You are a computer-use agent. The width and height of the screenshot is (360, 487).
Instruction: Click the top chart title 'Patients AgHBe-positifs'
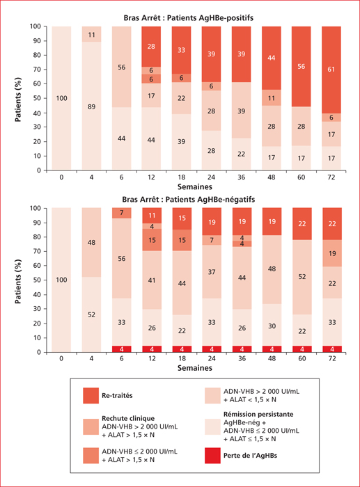210,17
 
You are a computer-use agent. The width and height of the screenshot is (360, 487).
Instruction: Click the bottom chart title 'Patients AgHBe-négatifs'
210,199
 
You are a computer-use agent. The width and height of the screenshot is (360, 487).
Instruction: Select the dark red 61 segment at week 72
331,70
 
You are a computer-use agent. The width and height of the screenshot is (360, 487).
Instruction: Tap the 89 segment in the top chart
91,106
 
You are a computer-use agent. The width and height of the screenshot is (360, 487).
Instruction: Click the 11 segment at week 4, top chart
91,34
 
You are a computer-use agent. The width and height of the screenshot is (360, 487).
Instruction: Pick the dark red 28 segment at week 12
151,47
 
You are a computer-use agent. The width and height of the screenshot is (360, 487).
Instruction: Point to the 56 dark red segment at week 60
302,67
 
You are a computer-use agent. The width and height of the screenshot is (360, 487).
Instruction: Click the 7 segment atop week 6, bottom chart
122,213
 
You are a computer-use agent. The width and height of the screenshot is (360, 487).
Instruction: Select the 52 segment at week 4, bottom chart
91,314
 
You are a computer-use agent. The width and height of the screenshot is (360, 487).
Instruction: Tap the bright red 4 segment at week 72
332,349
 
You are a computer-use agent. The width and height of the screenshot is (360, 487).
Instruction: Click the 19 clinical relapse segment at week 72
332,253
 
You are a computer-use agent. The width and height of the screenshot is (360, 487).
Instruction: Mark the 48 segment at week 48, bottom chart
272,270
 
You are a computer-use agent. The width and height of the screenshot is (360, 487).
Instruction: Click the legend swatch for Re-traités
91,395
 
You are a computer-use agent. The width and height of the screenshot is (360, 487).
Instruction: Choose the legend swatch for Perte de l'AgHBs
212,456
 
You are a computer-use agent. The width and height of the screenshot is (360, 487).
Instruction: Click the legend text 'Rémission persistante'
258,414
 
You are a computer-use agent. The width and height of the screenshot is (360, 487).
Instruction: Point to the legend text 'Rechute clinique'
128,418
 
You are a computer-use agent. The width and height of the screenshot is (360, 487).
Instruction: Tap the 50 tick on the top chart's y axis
37,98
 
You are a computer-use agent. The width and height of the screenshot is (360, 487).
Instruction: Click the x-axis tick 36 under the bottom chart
242,358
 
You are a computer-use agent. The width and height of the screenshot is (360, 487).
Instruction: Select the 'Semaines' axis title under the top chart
195,186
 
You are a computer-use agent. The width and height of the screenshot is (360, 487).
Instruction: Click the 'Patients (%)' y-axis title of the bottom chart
18,282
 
